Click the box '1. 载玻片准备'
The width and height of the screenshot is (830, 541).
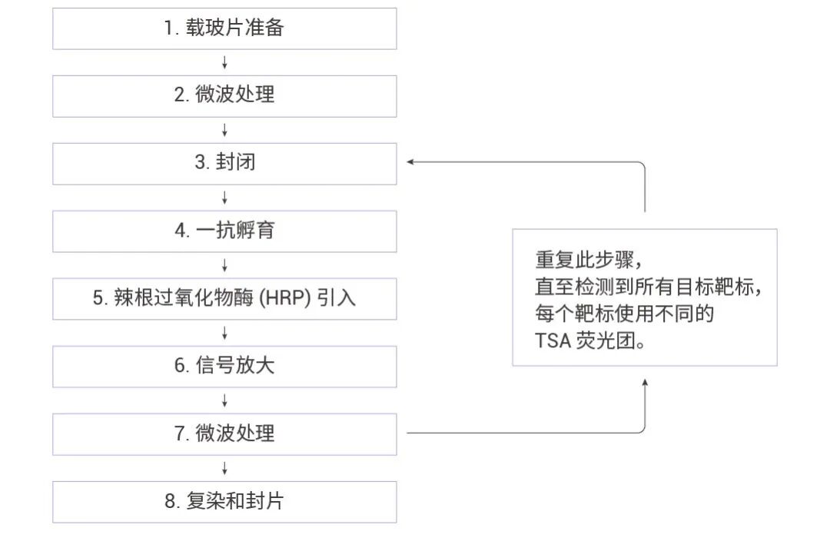pyautogui.click(x=224, y=29)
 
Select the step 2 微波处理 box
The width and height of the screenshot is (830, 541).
pyautogui.click(x=224, y=96)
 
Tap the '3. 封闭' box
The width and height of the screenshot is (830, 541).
pyautogui.click(x=224, y=163)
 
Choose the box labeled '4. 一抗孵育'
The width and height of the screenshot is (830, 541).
pyautogui.click(x=224, y=231)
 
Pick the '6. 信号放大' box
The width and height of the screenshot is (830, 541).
pyautogui.click(x=224, y=366)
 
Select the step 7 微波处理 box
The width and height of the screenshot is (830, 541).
pyautogui.click(x=224, y=433)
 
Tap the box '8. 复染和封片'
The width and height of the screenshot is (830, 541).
pyautogui.click(x=224, y=502)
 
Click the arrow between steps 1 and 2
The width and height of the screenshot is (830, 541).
pyautogui.click(x=224, y=62)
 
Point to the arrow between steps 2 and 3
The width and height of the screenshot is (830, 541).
pyautogui.click(x=224, y=130)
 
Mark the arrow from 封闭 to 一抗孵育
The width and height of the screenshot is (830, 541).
pyautogui.click(x=224, y=197)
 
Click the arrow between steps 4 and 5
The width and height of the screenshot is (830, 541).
pyautogui.click(x=224, y=265)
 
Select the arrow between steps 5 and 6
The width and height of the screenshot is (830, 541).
pyautogui.click(x=224, y=333)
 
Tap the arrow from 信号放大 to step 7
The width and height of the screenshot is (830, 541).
pyautogui.click(x=224, y=400)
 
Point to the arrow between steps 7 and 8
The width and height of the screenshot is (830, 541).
pyautogui.click(x=224, y=468)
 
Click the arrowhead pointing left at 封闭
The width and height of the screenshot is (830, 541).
pyautogui.click(x=411, y=162)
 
